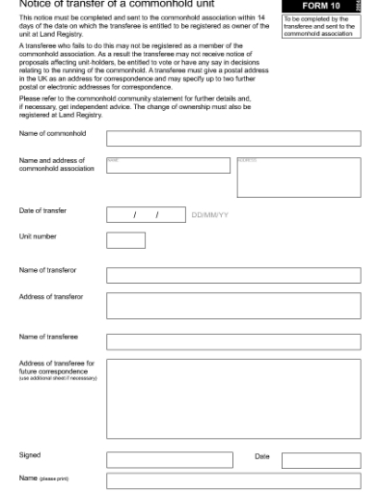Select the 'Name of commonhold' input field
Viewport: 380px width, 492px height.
tap(232, 138)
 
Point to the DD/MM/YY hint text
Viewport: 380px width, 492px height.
tap(210, 215)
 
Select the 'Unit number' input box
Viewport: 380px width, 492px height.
tap(125, 239)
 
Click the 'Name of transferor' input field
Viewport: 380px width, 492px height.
tap(232, 275)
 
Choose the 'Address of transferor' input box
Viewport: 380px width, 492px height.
tap(232, 306)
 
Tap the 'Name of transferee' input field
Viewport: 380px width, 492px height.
tap(232, 341)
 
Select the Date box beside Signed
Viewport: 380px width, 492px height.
tap(334, 460)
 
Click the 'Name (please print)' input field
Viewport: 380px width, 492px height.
tap(232, 480)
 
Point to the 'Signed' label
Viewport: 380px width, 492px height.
tap(30, 455)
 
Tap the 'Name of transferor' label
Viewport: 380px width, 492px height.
tap(49, 270)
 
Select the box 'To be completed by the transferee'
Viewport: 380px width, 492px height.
tap(319, 26)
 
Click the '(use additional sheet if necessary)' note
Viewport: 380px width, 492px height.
tap(58, 377)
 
